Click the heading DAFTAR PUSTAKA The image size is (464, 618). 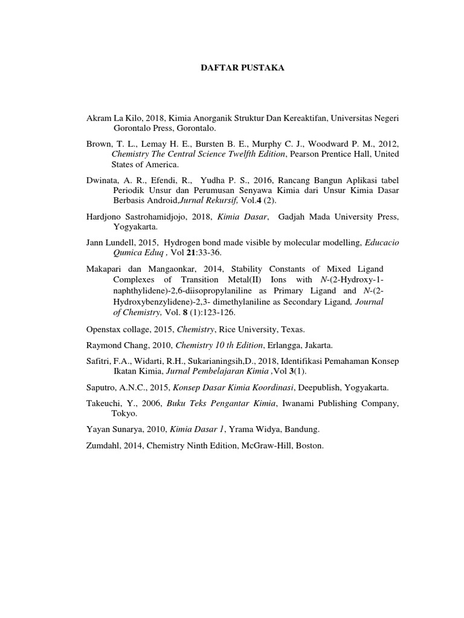242,69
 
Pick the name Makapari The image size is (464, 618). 107,269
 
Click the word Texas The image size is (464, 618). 293,330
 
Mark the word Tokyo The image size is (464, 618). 124,413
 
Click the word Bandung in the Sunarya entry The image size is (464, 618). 300,430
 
